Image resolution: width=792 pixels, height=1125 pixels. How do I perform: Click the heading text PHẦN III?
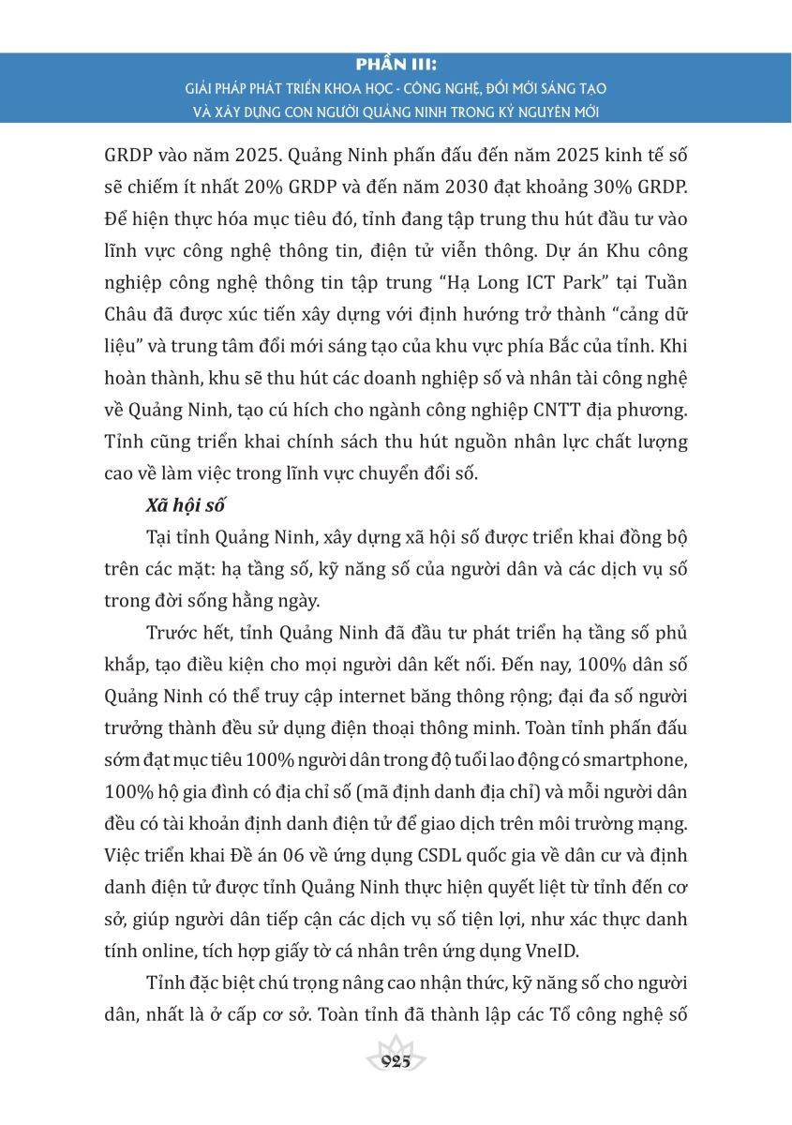click(396, 66)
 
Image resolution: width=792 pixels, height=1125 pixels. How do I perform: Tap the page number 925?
click(396, 1061)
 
